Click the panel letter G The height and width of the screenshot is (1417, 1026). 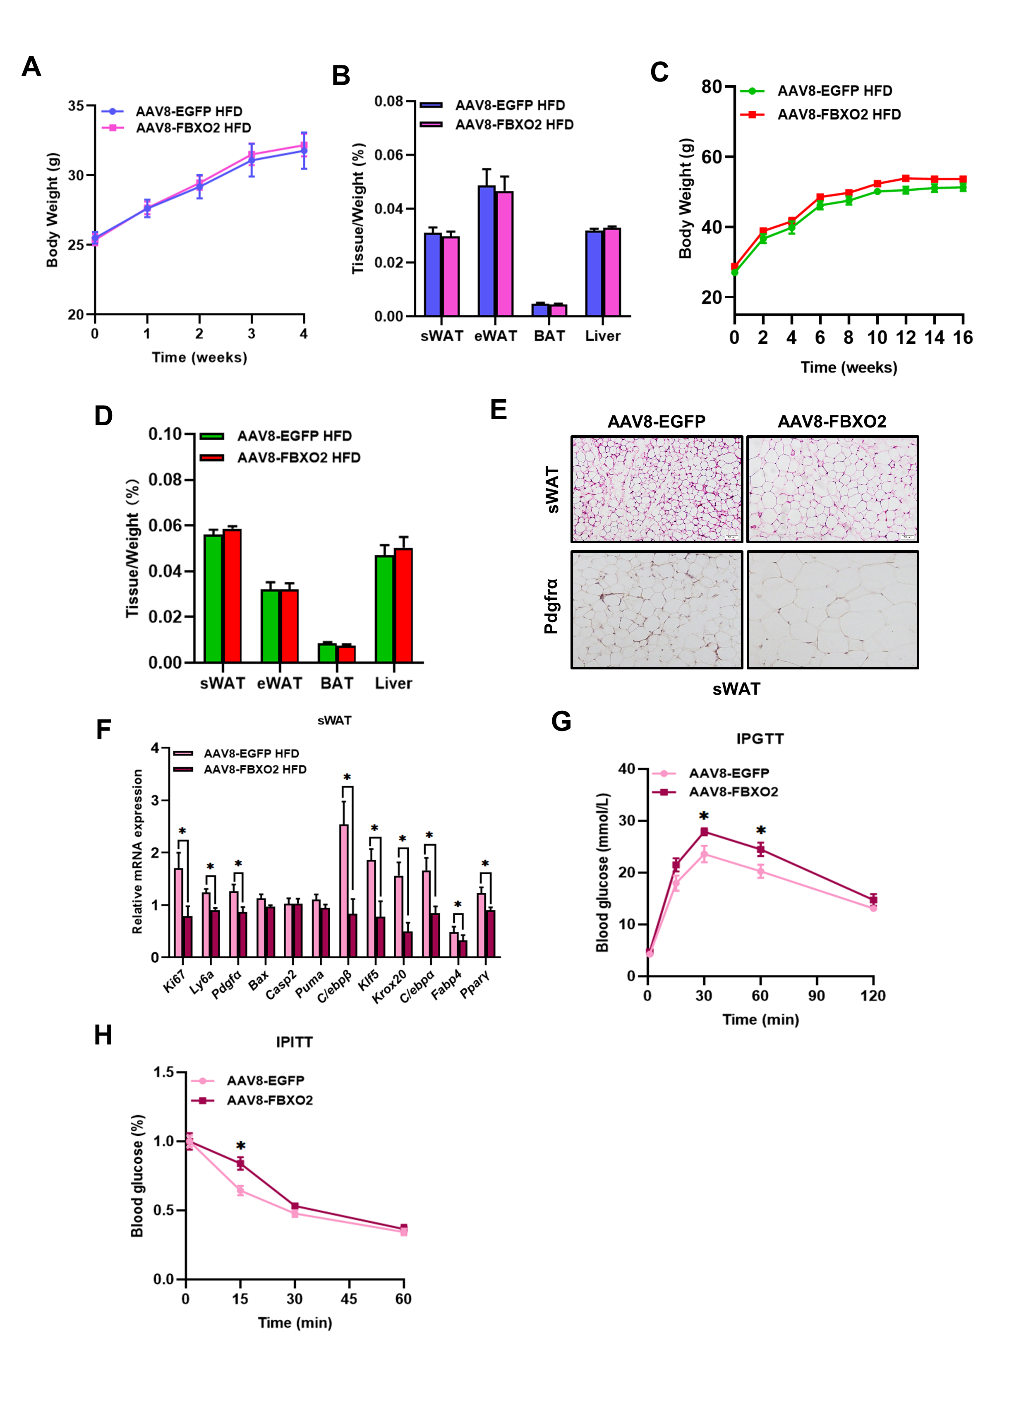[x=561, y=722]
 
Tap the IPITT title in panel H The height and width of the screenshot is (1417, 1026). [x=294, y=1042]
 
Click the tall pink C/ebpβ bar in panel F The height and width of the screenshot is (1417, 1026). [x=344, y=890]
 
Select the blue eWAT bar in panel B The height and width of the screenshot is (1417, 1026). [x=486, y=251]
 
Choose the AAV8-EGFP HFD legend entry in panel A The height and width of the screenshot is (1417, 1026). [x=189, y=112]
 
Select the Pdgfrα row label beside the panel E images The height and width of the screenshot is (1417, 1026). [x=551, y=607]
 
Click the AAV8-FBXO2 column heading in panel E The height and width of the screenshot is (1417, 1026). [x=831, y=422]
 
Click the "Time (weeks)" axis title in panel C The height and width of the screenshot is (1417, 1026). [x=849, y=367]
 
